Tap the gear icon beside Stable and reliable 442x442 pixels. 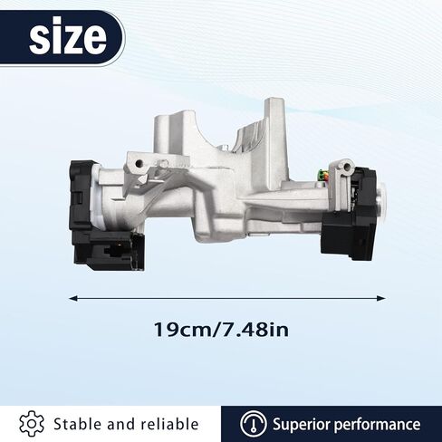pyautogui.click(x=32, y=424)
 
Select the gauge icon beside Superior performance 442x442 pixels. pyautogui.click(x=253, y=424)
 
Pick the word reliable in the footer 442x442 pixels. pyautogui.click(x=170, y=424)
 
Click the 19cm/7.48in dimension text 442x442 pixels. pyautogui.click(x=221, y=330)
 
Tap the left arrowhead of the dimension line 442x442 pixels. pyautogui.click(x=72, y=299)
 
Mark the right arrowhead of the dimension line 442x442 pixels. pyautogui.click(x=381, y=299)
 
